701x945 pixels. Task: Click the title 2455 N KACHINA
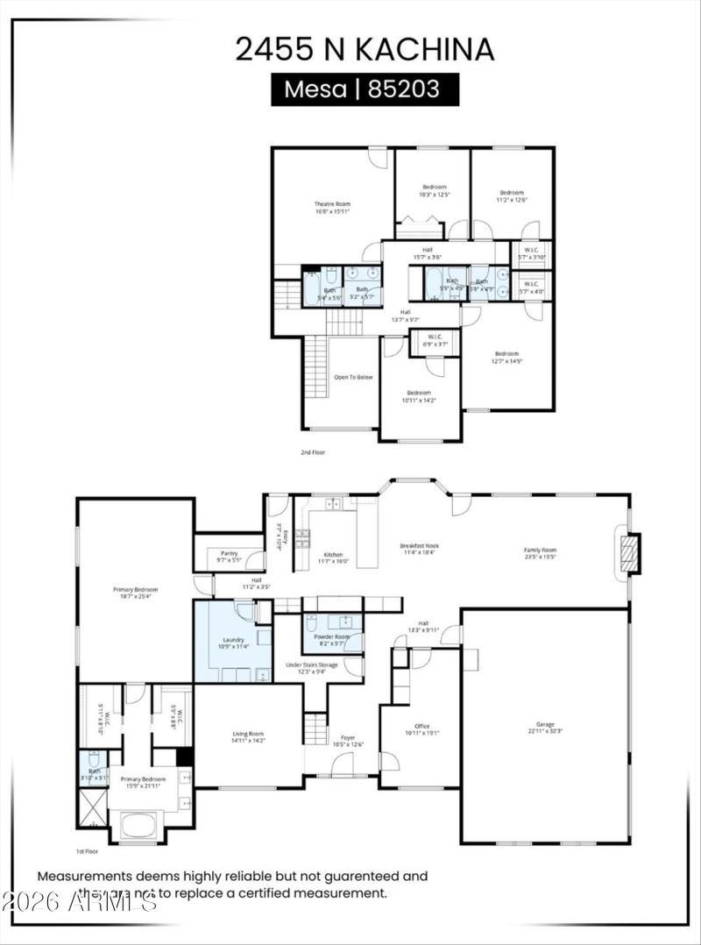pos(364,49)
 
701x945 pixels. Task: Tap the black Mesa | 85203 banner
pos(365,89)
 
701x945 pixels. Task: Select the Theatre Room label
pos(332,208)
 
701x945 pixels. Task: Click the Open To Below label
pos(353,377)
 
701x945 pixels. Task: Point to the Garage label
pos(545,728)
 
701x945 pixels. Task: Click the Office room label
pos(421,729)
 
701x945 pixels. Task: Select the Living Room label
pos(248,736)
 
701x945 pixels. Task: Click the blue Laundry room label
pos(233,643)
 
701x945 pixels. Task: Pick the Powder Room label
pos(332,640)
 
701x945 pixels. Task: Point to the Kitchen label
pos(333,558)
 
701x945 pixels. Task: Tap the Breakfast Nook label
pos(419,549)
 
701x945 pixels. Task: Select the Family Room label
pos(540,553)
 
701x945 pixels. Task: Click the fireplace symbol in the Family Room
pos(628,554)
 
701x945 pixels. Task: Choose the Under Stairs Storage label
pos(311,668)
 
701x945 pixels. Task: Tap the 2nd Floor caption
pos(313,453)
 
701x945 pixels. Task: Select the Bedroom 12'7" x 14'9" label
pos(506,357)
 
